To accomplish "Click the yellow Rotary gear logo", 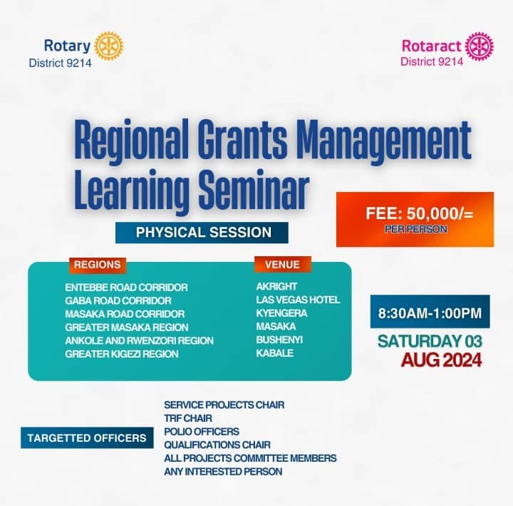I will [x=108, y=46].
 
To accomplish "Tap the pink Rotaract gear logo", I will [x=479, y=46].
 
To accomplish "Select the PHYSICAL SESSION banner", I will [x=203, y=232].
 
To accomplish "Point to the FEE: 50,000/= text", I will [x=415, y=213].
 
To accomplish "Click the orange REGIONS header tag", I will [x=98, y=265].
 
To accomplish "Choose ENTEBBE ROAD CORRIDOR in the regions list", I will [x=126, y=287].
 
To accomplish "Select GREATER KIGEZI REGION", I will [x=121, y=353].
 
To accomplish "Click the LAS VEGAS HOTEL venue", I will [x=298, y=300].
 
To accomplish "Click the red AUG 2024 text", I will [x=441, y=360].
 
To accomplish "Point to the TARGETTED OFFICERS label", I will [x=86, y=438].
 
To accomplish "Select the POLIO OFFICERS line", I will [x=202, y=431].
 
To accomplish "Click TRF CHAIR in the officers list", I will [x=188, y=418].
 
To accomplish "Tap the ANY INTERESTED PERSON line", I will [x=223, y=471].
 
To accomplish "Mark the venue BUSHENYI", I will [x=279, y=340].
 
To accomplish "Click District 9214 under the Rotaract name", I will [x=432, y=61].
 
